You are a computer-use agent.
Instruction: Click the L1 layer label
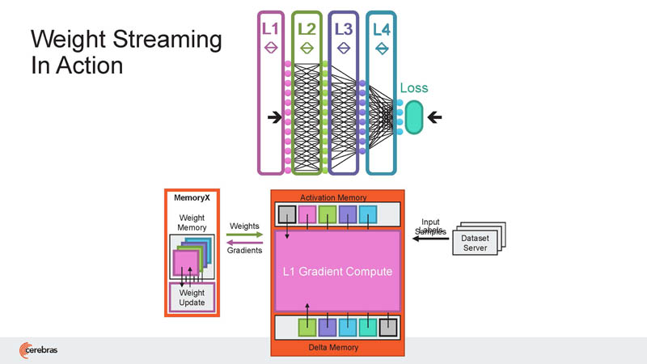tap(270, 29)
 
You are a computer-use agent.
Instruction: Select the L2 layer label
tap(307, 29)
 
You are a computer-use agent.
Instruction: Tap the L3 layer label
tap(344, 29)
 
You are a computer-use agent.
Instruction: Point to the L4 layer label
tap(381, 29)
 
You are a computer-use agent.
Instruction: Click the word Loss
tap(413, 88)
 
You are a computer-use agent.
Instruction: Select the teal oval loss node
tap(414, 116)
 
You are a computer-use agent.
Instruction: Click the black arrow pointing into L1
tap(275, 118)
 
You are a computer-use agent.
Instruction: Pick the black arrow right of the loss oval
tap(435, 118)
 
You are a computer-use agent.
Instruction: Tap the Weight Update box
tap(192, 297)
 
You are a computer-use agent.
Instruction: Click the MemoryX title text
tap(192, 197)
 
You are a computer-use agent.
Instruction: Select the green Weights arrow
tap(245, 235)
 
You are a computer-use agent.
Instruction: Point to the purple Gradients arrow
tap(245, 243)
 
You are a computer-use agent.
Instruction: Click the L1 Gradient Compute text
tap(338, 272)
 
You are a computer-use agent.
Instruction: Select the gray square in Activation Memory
tap(287, 214)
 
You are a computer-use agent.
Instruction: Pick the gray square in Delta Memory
tap(389, 327)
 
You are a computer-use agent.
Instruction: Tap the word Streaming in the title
tap(166, 38)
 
